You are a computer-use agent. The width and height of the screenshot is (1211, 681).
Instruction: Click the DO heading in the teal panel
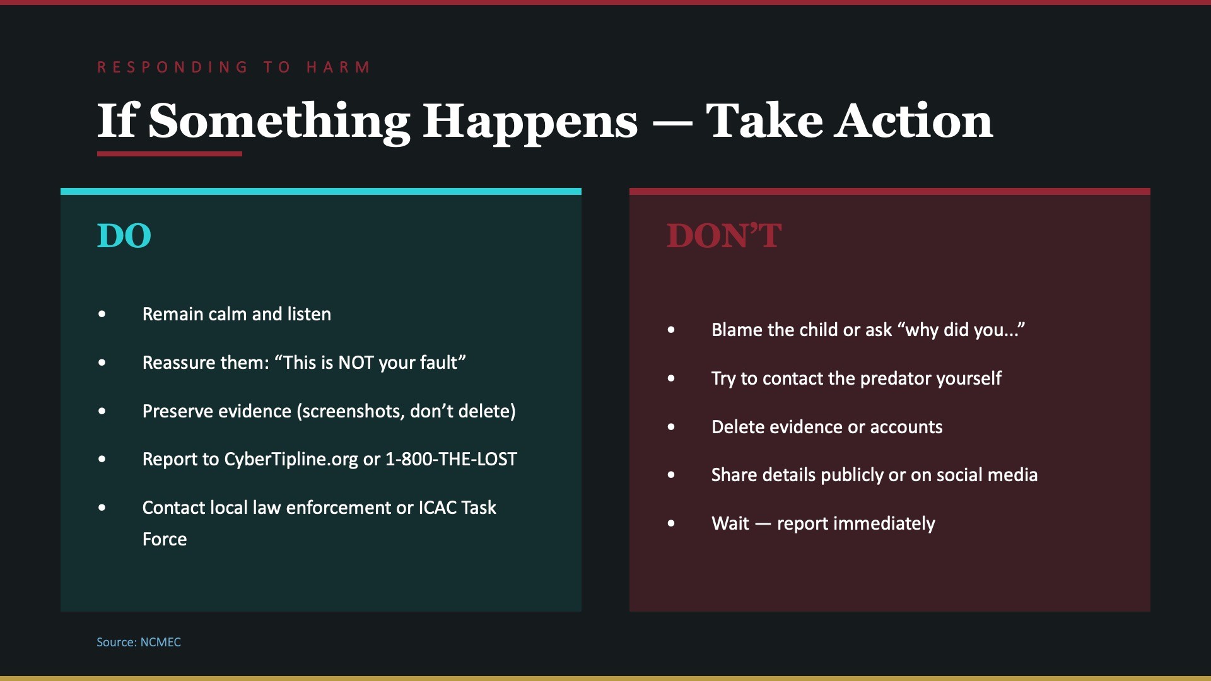tap(124, 236)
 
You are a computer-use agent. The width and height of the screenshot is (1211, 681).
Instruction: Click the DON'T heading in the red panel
tap(724, 236)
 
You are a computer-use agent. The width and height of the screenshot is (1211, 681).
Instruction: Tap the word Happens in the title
tap(530, 121)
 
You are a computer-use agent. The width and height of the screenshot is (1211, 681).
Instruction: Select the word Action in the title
tap(914, 121)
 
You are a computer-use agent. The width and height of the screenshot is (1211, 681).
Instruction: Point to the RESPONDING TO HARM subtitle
tap(234, 67)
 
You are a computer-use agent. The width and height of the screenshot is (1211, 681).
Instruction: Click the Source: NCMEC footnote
tap(139, 642)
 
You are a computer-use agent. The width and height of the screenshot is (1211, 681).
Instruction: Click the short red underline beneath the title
tap(169, 154)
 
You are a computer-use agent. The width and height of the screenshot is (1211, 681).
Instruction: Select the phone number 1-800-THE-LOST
tap(450, 459)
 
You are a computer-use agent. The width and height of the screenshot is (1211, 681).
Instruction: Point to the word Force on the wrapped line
tap(165, 539)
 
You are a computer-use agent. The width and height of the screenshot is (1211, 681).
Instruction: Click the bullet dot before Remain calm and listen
tap(102, 314)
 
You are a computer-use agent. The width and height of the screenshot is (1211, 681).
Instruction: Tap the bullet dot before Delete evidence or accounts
tap(671, 427)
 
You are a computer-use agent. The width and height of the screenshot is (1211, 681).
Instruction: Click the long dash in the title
tap(672, 122)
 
